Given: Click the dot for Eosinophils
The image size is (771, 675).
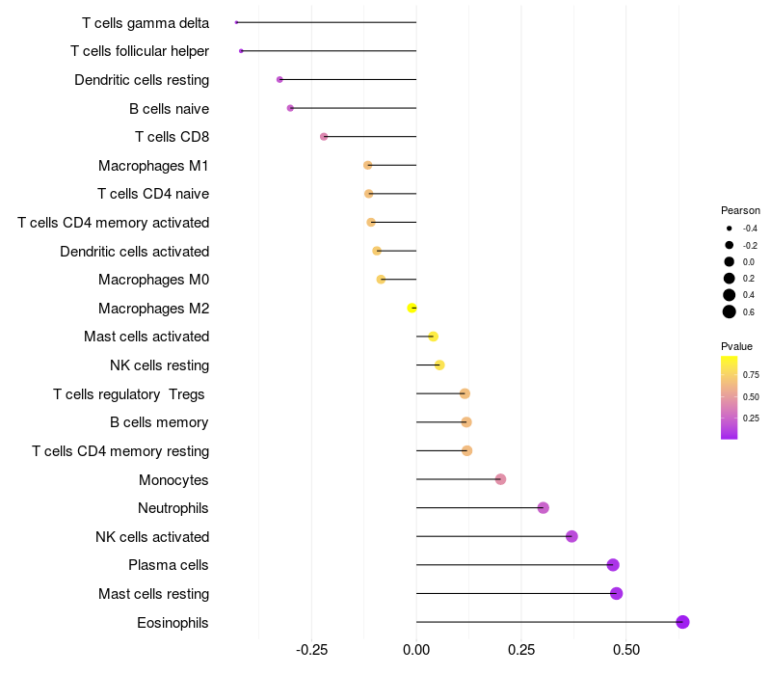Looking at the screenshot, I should click(x=682, y=622).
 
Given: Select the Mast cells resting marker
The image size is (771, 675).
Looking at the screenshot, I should click(x=616, y=593).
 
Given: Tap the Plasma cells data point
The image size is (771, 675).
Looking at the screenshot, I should click(x=613, y=565).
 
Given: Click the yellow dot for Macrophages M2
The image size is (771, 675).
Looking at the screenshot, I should click(x=412, y=308).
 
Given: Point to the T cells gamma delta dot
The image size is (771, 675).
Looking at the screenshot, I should click(x=236, y=22).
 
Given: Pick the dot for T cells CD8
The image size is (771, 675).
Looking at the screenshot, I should click(x=324, y=137).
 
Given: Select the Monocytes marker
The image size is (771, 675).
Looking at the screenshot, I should click(x=500, y=479).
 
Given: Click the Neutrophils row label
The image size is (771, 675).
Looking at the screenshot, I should click(x=173, y=508).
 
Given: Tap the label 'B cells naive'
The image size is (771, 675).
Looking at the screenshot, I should click(x=169, y=109).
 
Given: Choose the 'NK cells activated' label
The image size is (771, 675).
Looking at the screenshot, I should click(x=152, y=537).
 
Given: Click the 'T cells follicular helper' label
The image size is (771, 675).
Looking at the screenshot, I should click(x=140, y=51).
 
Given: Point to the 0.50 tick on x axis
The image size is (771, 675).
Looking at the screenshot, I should click(x=625, y=651).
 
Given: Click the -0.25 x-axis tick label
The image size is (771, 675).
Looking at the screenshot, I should click(x=310, y=651).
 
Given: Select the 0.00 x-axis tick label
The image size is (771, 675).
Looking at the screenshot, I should click(x=416, y=651).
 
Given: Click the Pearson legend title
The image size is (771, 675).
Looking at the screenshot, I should click(x=740, y=210).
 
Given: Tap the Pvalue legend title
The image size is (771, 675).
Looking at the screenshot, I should click(x=736, y=346).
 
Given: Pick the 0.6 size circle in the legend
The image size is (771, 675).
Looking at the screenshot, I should click(x=730, y=311).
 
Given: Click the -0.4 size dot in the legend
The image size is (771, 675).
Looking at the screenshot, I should click(x=730, y=229).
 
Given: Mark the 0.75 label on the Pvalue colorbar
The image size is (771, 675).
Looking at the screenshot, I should click(x=751, y=375).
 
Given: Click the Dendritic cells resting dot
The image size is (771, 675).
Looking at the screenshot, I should click(x=279, y=79).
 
